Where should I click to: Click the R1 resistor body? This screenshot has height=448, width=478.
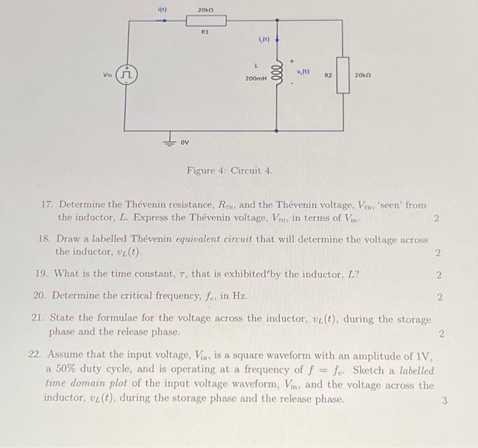[x=206, y=20]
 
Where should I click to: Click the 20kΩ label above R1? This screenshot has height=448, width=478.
[x=206, y=9]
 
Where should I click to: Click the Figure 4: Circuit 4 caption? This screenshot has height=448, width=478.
[x=229, y=170]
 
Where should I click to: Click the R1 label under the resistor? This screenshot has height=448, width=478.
[x=204, y=31]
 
